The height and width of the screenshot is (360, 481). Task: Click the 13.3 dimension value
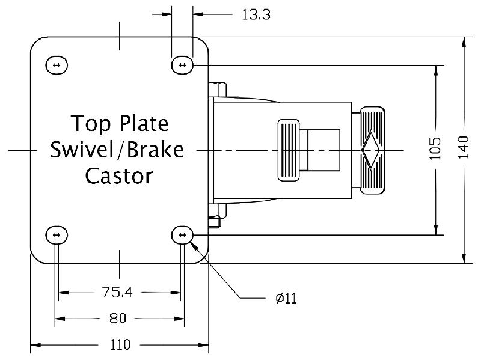(x=256, y=15)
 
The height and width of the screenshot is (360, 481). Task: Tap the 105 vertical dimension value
(x=436, y=148)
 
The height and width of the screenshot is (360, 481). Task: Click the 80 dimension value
(x=118, y=318)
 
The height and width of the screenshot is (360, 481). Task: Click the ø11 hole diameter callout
(x=286, y=297)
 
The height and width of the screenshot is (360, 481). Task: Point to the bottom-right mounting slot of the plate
(x=182, y=234)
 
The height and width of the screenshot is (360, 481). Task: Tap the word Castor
(x=118, y=176)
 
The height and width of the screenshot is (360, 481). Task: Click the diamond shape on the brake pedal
(x=370, y=149)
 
